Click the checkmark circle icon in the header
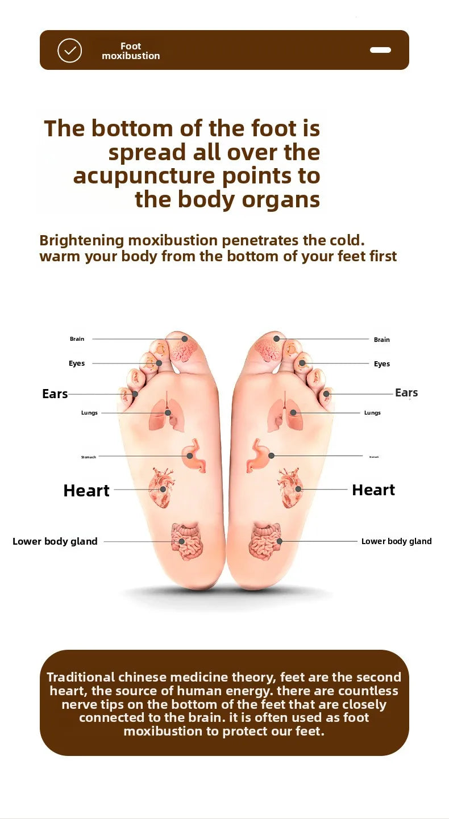point(69,51)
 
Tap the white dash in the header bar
point(380,50)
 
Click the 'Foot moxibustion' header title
point(131,51)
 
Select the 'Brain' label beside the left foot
point(77,339)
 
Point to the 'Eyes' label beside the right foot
point(382,364)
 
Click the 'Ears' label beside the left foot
point(55,394)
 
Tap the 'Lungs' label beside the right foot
point(372,413)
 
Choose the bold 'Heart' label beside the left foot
point(86,491)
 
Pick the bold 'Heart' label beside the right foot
point(373,490)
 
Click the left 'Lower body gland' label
point(55,541)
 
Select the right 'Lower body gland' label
point(397,541)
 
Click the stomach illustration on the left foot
point(194,455)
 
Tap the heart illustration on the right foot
point(290,487)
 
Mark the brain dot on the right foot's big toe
point(276,339)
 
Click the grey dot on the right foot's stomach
point(272,456)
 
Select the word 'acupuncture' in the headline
point(144,176)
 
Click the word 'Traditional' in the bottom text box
point(81,677)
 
